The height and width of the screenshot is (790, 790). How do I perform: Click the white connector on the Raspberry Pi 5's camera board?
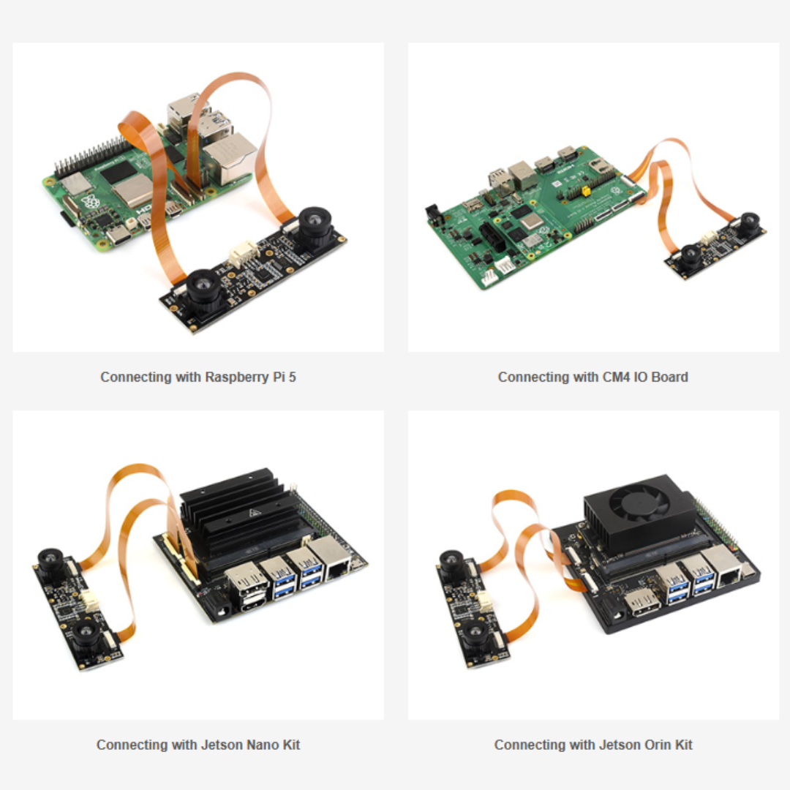[241, 254]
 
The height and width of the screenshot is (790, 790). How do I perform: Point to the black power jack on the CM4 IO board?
[434, 213]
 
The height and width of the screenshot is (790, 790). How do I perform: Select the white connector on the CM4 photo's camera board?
[709, 238]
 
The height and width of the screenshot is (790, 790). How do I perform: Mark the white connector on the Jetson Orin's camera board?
[485, 602]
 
